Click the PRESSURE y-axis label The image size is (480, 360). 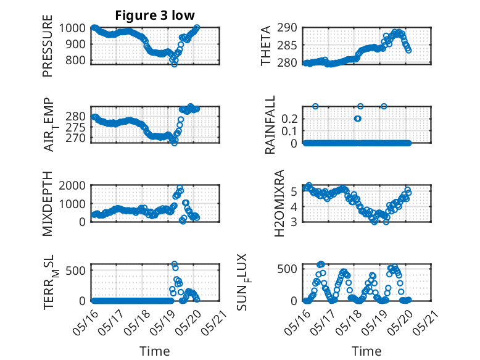tap(48, 51)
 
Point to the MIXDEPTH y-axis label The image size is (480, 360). tap(48, 204)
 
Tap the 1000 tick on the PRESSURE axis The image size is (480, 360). tap(75, 28)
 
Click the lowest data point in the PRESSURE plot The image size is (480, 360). tap(174, 64)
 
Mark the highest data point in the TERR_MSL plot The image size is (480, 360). tap(174, 264)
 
